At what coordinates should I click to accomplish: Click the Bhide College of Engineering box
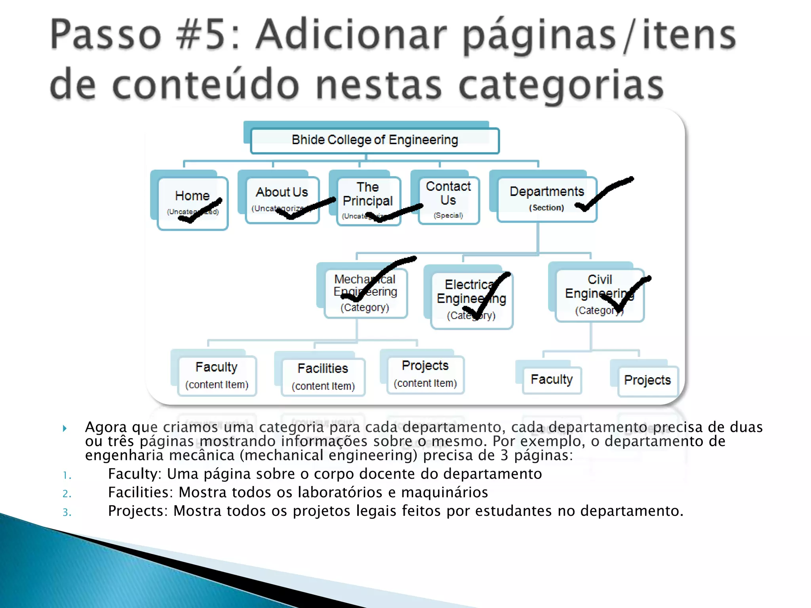[375, 141]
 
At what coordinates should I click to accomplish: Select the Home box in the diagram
[192, 203]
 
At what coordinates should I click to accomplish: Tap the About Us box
[282, 199]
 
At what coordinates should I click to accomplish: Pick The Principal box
[368, 201]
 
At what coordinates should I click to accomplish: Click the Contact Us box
[448, 200]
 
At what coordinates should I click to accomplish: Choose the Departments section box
[546, 199]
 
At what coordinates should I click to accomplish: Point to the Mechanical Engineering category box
[365, 293]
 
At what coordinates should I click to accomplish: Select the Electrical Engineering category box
[471, 300]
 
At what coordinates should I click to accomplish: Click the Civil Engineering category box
[600, 295]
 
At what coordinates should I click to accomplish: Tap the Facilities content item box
[323, 376]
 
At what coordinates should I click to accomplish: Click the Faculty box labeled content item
[217, 375]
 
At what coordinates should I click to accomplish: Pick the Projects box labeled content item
[425, 374]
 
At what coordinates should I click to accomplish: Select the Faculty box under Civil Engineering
[552, 380]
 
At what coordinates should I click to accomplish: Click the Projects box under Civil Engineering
[647, 381]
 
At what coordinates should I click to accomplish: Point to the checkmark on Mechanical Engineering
[380, 277]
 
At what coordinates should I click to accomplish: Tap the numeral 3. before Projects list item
[67, 513]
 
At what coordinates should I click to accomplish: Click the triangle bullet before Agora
[65, 428]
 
